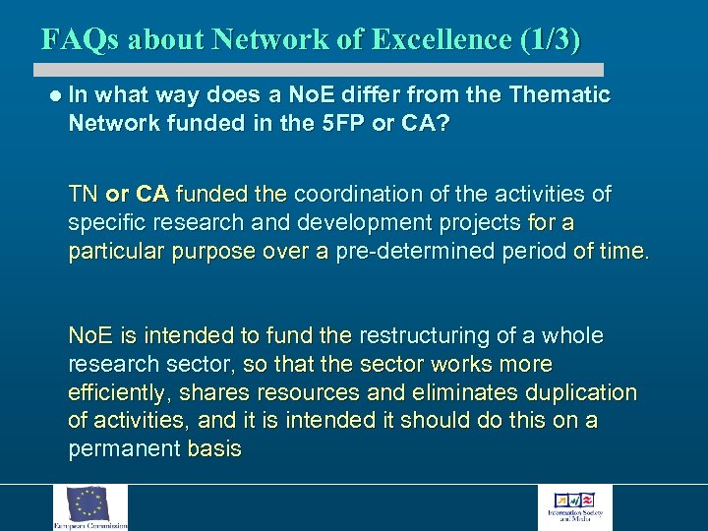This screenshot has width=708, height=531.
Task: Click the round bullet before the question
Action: (55, 95)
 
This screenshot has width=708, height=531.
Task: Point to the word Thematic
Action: (560, 95)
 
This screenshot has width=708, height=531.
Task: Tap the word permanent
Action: (124, 450)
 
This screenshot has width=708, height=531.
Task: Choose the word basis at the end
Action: (214, 450)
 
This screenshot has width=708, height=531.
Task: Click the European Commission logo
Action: (90, 506)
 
